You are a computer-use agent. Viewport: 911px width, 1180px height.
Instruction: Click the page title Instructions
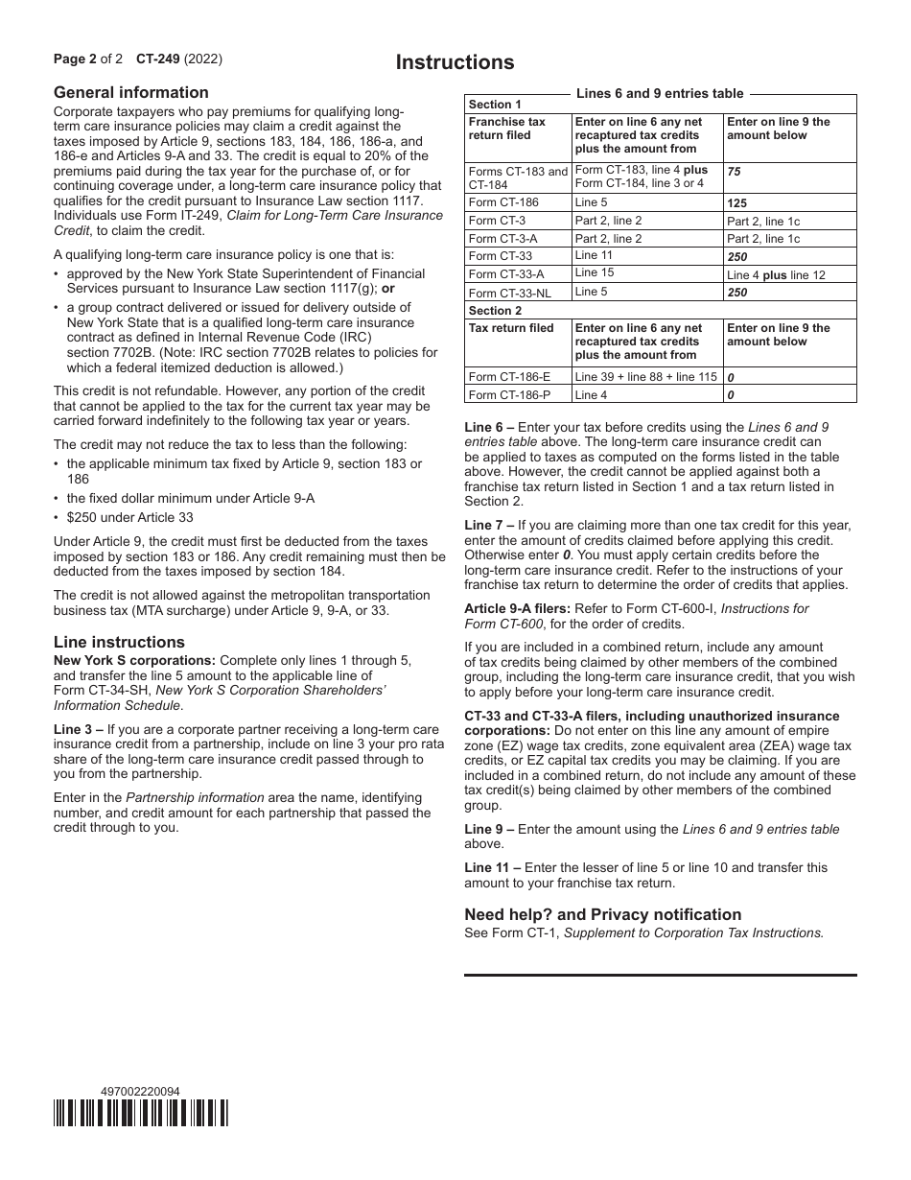pyautogui.click(x=455, y=62)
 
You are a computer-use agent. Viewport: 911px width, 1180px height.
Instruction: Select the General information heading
pyautogui.click(x=130, y=92)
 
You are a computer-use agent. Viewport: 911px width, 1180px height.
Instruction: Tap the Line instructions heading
pyautogui.click(x=119, y=642)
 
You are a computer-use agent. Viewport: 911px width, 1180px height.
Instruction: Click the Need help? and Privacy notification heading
pyautogui.click(x=602, y=914)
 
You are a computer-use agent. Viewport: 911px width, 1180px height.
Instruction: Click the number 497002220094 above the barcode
pyautogui.click(x=140, y=1092)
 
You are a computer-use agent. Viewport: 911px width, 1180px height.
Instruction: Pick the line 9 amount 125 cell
pyautogui.click(x=736, y=203)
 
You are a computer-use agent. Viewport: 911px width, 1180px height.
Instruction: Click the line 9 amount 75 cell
pyautogui.click(x=734, y=172)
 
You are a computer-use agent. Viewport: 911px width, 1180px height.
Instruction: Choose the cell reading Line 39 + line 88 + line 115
pyautogui.click(x=645, y=377)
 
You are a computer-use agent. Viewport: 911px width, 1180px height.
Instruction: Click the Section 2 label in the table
pyautogui.click(x=495, y=311)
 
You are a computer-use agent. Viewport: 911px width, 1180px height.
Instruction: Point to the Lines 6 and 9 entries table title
pyautogui.click(x=660, y=93)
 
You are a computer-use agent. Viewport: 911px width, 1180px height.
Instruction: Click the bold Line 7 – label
pyautogui.click(x=490, y=525)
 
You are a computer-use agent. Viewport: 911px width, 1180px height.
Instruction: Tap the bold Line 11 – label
pyautogui.click(x=493, y=867)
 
